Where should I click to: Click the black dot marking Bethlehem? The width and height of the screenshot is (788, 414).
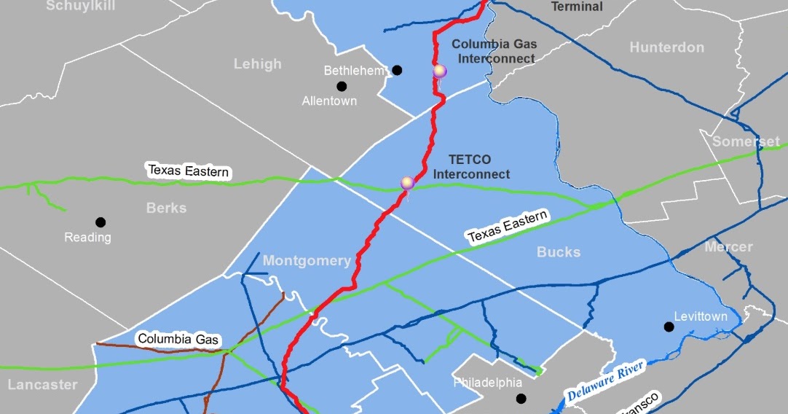pos(397,70)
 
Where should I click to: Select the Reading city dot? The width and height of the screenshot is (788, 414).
pos(100,222)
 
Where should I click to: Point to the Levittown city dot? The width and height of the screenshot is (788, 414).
pos(669,327)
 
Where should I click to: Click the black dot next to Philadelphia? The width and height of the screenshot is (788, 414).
pos(521,398)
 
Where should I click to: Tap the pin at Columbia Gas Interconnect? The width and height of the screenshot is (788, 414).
pos(439,71)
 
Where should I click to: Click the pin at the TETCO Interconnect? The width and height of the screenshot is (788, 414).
pos(407,182)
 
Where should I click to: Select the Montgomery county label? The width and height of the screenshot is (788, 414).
pos(307,261)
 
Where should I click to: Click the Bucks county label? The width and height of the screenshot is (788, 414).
pos(559,252)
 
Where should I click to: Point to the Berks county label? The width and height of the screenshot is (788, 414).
pos(166,208)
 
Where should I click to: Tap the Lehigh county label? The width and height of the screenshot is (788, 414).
pos(257,64)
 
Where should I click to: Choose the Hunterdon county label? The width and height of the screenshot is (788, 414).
pos(666,47)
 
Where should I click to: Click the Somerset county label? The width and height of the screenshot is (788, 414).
pos(746,141)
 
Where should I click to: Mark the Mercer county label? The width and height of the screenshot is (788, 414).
pos(728,246)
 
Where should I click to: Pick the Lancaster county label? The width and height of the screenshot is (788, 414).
pos(42,384)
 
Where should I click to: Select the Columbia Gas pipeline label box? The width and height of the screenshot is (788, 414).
pos(178,339)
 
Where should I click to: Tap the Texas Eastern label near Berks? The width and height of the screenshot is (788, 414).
pos(189,171)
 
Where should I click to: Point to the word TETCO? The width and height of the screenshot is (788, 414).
pos(470,160)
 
